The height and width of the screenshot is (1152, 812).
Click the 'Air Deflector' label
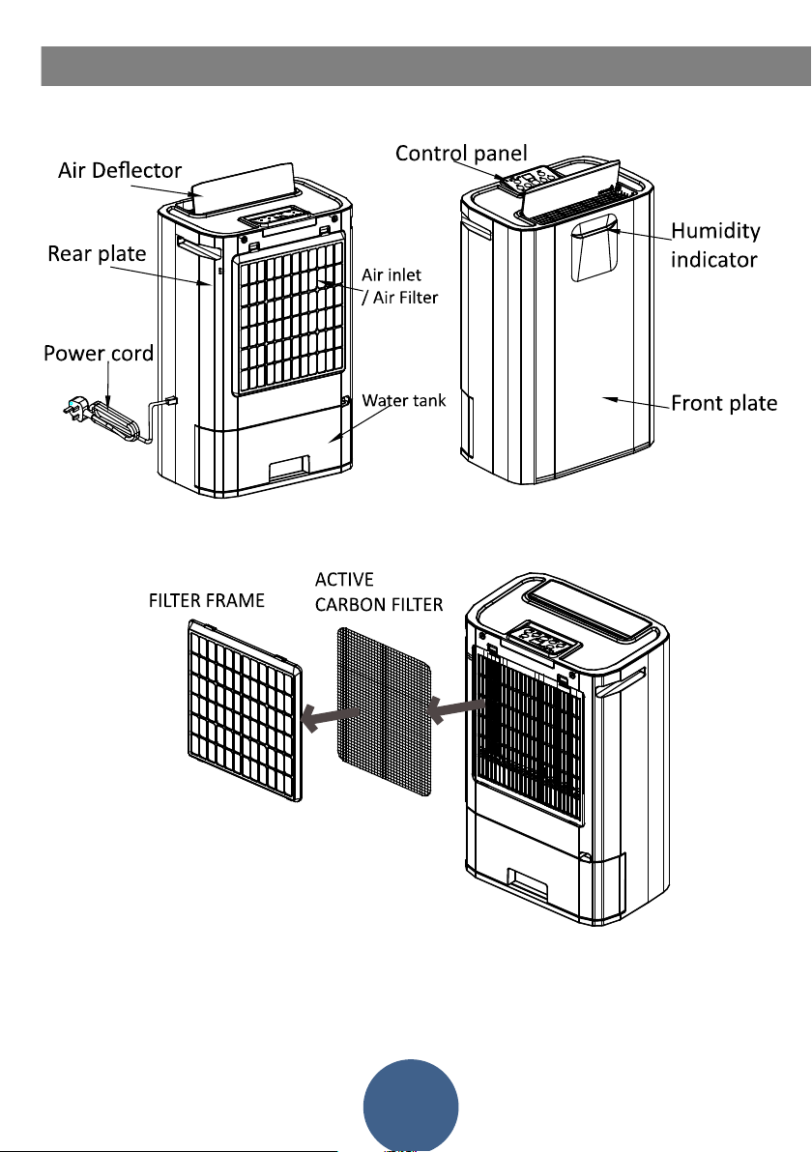pos(120,170)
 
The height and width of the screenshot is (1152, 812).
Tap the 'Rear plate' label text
pos(97,253)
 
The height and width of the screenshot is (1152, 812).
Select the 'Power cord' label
pos(99,354)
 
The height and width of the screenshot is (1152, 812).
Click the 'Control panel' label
pos(461,154)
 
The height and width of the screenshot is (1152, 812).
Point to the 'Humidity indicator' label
pos(715,245)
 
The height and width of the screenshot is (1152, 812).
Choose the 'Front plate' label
pos(725,403)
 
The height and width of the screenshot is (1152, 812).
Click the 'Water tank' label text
pos(404,400)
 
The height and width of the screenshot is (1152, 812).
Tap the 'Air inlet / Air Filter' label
pos(400,286)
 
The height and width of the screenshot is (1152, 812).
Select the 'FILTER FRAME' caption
pos(207,601)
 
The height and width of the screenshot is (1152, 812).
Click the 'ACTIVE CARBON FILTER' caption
pos(379,592)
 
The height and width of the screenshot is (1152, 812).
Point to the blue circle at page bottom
pos(411,1105)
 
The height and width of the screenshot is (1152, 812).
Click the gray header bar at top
pos(426,66)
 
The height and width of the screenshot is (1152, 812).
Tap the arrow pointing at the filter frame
pos(330,716)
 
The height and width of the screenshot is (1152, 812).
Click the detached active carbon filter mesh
pos(385,711)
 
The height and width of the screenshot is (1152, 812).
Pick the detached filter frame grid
pos(245,710)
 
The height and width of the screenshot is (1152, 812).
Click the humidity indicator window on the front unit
pos(594,248)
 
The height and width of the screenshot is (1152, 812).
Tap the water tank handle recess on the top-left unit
pos(290,468)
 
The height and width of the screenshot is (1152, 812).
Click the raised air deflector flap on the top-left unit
pos(244,188)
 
